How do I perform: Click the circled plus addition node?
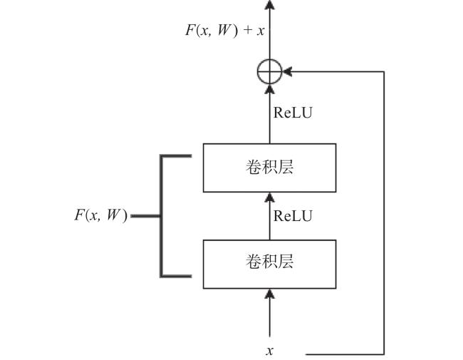(269, 71)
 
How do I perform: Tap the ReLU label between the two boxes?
(293, 216)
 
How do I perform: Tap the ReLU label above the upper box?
(293, 113)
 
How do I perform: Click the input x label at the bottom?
(269, 351)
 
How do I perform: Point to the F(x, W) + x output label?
(224, 31)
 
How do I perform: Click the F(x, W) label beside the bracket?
(101, 215)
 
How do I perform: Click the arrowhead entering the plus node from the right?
(287, 71)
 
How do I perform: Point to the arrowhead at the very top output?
(269, 4)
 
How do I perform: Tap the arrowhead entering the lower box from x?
(269, 294)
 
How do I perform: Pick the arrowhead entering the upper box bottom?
(269, 197)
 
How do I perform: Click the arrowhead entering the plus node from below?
(269, 89)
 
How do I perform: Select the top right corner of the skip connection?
(383, 71)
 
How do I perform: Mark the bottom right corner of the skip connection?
(383, 354)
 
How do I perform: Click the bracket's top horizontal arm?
(176, 156)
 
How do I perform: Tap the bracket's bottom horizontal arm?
(176, 276)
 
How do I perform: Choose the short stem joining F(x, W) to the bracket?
(146, 216)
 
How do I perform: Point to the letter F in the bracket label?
(79, 215)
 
